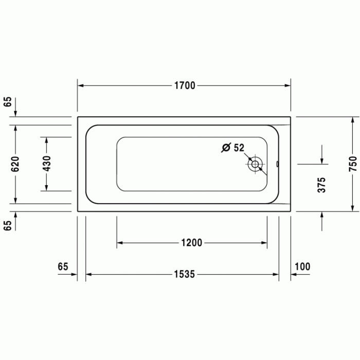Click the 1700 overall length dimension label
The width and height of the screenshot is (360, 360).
tap(184, 86)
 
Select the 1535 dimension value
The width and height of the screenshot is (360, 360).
tap(184, 274)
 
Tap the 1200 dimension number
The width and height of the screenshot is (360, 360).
tap(191, 243)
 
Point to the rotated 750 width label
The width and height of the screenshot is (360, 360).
tap(352, 164)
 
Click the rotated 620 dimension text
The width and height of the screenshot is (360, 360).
tap(15, 164)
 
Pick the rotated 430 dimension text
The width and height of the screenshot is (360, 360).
tap(46, 164)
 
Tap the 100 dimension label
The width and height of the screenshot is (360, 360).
tap(303, 266)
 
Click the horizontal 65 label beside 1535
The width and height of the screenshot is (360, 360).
tap(63, 266)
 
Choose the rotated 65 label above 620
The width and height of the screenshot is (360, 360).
tap(7, 101)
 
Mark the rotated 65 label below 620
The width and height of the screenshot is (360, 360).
tap(7, 225)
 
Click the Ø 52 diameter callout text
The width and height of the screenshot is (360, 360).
tap(232, 148)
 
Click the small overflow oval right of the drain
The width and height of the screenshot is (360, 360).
tap(277, 165)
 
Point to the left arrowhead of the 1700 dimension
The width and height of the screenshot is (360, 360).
tap(81, 86)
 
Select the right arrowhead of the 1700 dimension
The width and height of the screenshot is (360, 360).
tap(288, 86)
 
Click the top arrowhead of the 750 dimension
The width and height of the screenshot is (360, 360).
tap(352, 120)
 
